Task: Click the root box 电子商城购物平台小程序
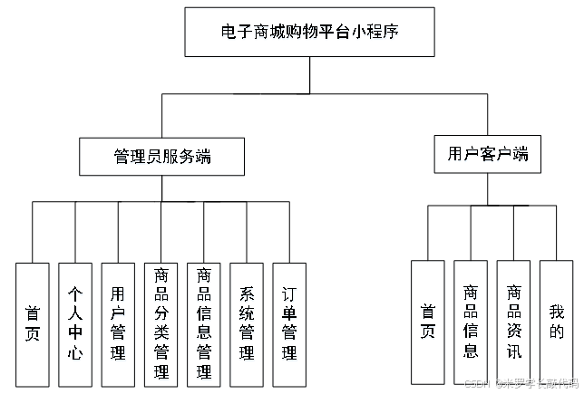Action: click(309, 32)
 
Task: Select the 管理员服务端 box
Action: click(162, 156)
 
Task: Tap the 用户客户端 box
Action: click(487, 154)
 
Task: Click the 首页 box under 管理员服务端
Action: click(32, 324)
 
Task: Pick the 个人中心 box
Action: click(74, 324)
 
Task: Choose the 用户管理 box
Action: click(118, 324)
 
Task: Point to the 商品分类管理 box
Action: click(161, 324)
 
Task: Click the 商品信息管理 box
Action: click(203, 324)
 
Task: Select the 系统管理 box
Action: click(246, 324)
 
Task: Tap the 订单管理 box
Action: click(288, 324)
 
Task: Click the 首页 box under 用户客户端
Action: click(427, 322)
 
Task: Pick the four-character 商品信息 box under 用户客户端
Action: click(471, 322)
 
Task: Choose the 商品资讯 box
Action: click(513, 322)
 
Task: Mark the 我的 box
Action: click(556, 322)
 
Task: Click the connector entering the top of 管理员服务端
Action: click(162, 116)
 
